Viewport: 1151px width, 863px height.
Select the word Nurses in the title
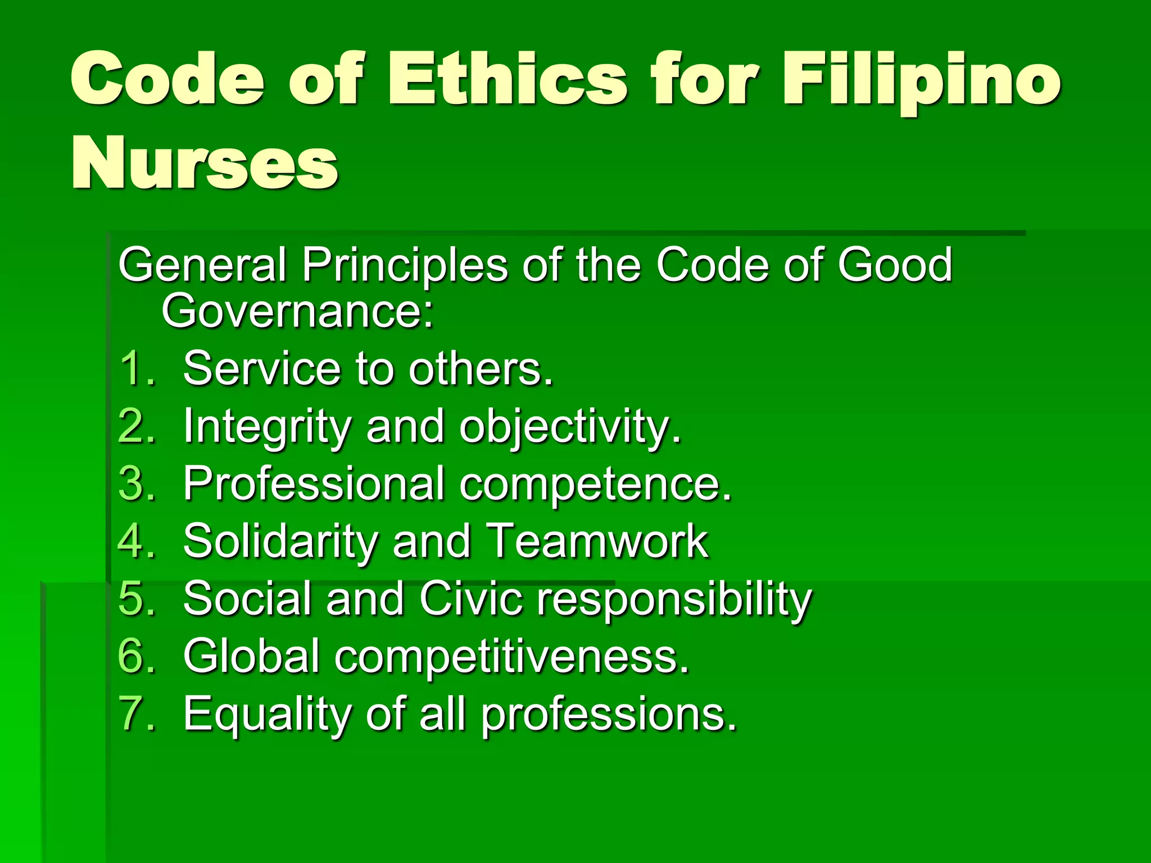point(205,163)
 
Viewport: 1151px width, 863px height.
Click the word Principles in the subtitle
point(405,265)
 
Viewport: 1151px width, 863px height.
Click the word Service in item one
point(262,369)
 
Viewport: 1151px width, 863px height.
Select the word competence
point(595,485)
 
